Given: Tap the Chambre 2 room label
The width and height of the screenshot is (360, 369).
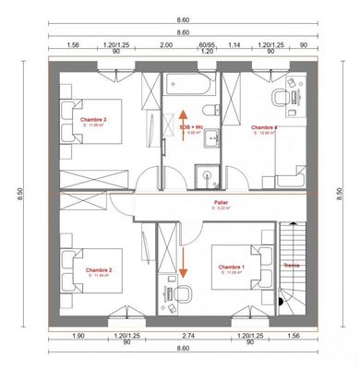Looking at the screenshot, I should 98,270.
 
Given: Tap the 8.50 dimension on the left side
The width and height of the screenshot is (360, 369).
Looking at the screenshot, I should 18,194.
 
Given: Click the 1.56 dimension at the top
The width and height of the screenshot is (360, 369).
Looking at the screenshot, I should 74,44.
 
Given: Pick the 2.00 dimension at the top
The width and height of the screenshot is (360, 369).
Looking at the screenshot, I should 165,44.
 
